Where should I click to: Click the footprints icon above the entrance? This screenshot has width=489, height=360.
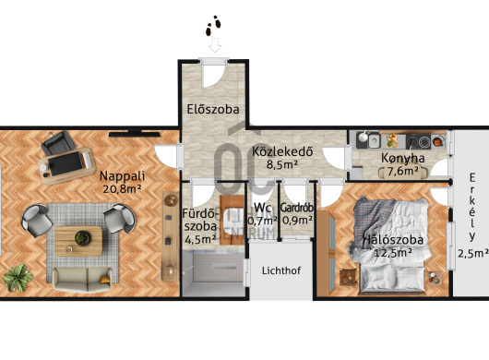[213, 25]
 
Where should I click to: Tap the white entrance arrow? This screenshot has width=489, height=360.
[215, 45]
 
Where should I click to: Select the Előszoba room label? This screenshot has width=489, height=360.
[213, 109]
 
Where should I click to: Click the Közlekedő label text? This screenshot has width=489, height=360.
[282, 151]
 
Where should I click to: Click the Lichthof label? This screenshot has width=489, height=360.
[281, 270]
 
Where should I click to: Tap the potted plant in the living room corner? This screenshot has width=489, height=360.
[18, 277]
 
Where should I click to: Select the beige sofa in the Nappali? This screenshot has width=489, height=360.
[82, 279]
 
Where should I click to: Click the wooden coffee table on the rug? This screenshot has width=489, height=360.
[78, 241]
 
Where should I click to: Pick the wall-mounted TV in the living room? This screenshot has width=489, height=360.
[135, 134]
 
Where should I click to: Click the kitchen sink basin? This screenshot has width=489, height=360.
[374, 141]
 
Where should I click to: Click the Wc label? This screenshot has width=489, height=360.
[262, 208]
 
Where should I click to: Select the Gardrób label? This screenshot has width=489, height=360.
[296, 208]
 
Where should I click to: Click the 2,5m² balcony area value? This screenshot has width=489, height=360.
[473, 253]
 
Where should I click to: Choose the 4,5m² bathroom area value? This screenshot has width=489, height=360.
[200, 239]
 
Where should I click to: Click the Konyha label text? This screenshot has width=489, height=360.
[402, 158]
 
